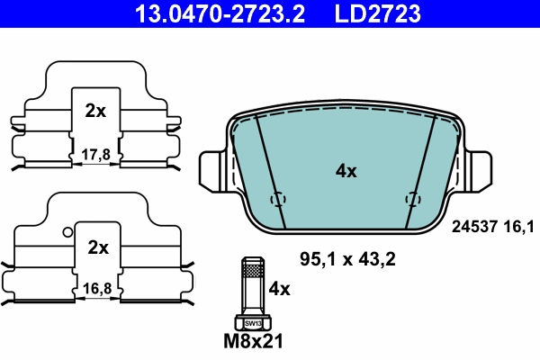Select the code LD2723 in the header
tap(379, 13)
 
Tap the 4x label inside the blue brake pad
tap(346, 171)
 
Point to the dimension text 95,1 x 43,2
tap(347, 260)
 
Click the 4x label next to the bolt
tap(281, 290)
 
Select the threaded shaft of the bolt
tap(251, 288)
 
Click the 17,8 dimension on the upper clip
tap(94, 154)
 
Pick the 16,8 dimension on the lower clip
tap(94, 289)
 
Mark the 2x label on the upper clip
tap(94, 112)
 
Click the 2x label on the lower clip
tap(97, 247)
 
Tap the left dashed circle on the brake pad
tap(278, 199)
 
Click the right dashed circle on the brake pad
tap(413, 199)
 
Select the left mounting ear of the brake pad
tap(211, 168)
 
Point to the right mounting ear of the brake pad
tap(479, 168)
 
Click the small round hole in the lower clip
tap(67, 231)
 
